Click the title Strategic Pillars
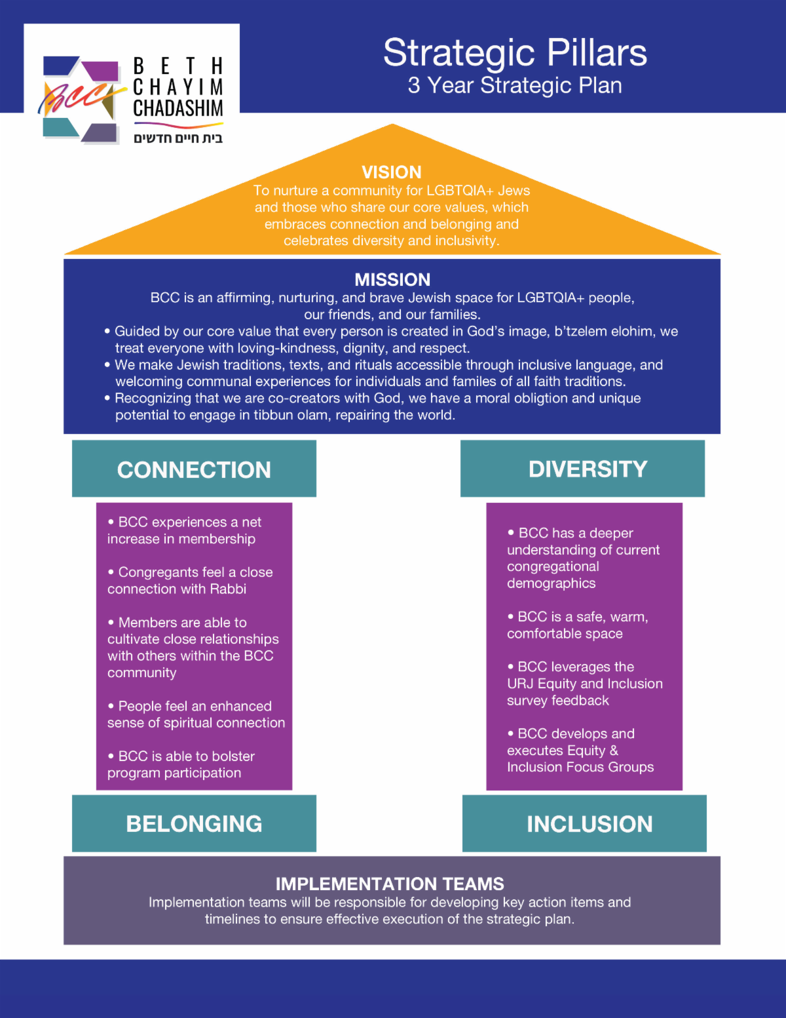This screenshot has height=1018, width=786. point(515,52)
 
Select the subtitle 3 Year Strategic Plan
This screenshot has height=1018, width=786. point(515,85)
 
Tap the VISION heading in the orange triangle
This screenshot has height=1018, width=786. point(392,172)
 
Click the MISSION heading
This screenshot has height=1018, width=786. point(392,280)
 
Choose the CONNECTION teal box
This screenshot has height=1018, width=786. point(194,469)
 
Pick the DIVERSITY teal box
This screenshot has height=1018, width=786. point(582,469)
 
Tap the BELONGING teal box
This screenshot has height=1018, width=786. point(194,823)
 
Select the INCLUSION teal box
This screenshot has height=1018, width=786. point(584,823)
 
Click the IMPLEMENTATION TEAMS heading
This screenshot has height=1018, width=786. point(390,884)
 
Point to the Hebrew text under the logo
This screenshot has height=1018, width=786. point(178,138)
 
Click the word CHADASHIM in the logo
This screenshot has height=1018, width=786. point(178,108)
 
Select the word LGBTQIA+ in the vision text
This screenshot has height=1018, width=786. point(460,191)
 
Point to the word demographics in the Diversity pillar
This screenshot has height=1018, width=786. point(552,583)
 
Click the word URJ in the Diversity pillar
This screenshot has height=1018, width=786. point(520,684)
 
